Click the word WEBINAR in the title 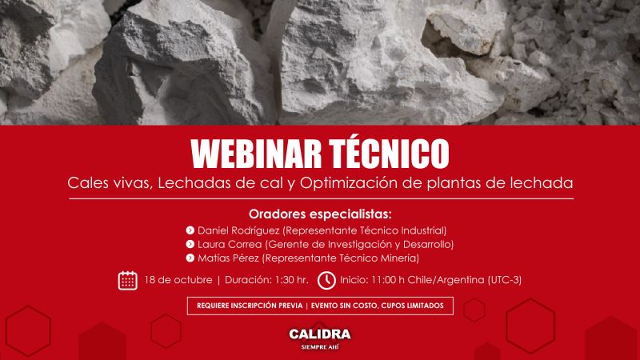(x=256, y=154)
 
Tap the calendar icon (x=128, y=281)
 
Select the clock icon (x=326, y=281)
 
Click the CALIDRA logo (x=320, y=334)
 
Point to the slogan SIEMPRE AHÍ (x=320, y=347)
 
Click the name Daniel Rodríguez (x=238, y=230)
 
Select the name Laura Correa (x=230, y=245)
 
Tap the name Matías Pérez (x=228, y=258)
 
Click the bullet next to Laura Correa (x=190, y=244)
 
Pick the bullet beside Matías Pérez (x=190, y=258)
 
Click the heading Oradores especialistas (x=320, y=214)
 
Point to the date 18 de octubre (x=178, y=280)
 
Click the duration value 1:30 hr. (x=291, y=280)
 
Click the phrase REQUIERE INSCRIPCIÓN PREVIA (x=250, y=306)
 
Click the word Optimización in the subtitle (x=349, y=183)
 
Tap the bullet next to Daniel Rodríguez (x=190, y=230)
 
